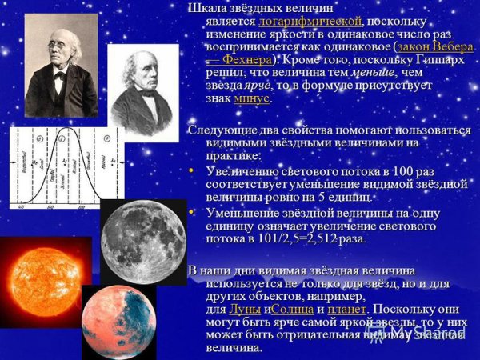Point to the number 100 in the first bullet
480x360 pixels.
click(x=411, y=170)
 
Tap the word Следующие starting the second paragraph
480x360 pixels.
click(x=218, y=130)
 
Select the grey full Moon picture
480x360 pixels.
click(x=143, y=240)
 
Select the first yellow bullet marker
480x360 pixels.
click(x=192, y=170)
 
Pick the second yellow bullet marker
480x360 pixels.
click(x=192, y=211)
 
